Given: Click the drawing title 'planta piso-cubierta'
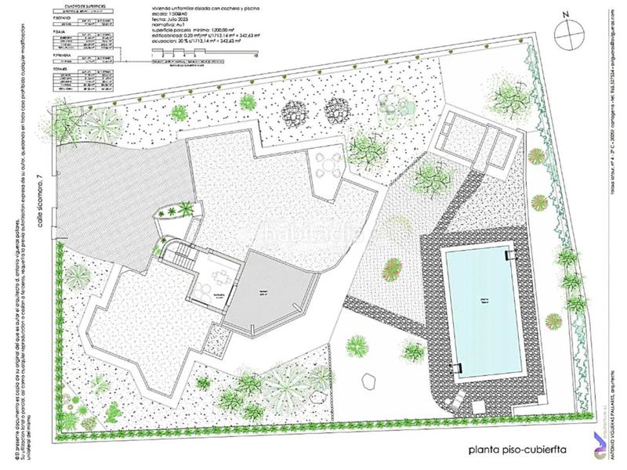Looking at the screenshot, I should pyautogui.click(x=517, y=450).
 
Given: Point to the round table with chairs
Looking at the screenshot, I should pyautogui.click(x=328, y=165).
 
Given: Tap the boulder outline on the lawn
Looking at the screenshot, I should pyautogui.click(x=369, y=379).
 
